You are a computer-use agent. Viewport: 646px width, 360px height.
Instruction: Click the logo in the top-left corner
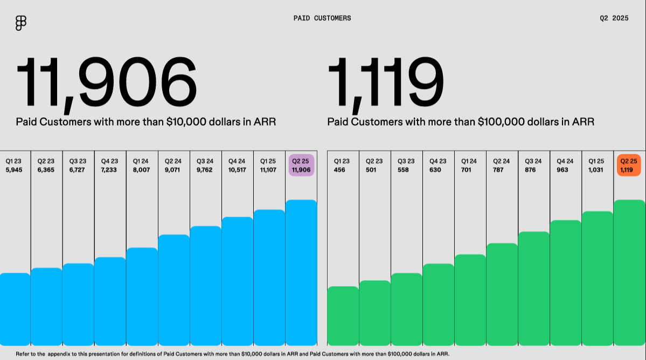[21, 23]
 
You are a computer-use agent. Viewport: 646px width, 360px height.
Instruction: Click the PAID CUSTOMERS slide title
[322, 18]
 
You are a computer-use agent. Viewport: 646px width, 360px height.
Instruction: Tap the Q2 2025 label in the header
[614, 18]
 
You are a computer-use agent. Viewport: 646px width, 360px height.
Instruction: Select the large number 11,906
[107, 83]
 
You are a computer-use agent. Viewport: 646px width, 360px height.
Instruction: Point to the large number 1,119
[386, 83]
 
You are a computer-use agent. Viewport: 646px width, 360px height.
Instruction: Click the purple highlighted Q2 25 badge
[301, 165]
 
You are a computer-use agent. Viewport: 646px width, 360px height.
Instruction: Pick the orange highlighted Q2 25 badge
[629, 165]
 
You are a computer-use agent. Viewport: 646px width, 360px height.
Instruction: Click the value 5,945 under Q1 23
[15, 170]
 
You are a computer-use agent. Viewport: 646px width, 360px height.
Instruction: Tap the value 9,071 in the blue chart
[173, 170]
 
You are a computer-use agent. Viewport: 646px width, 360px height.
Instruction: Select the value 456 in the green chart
[341, 170]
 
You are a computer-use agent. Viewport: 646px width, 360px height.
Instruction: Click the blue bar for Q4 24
[237, 281]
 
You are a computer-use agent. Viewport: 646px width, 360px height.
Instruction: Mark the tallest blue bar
[301, 272]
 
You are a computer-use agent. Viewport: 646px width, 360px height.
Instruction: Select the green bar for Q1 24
[470, 300]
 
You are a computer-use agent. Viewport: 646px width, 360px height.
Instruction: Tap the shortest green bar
[343, 315]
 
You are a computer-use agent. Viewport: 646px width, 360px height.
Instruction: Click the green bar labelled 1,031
[598, 278]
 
